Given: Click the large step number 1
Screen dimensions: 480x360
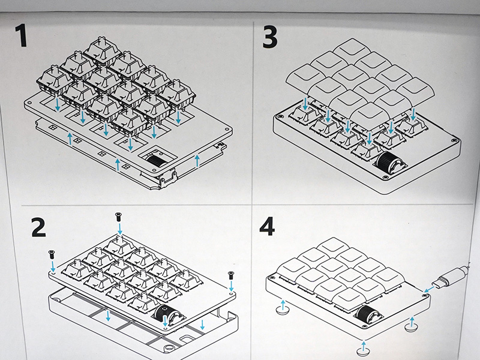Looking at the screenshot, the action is (x=21, y=36).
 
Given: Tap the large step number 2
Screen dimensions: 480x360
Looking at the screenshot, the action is (x=38, y=227).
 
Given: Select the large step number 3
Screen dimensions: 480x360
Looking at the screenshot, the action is (x=270, y=37).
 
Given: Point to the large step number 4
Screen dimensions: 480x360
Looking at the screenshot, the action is (x=267, y=226).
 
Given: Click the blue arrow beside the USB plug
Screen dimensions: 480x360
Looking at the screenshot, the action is (x=429, y=289).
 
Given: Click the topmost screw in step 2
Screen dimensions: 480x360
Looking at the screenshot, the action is (x=118, y=217).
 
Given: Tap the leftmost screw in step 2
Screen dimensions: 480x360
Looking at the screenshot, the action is (x=51, y=254).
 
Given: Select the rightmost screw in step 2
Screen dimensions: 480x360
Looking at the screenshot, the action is (x=230, y=275).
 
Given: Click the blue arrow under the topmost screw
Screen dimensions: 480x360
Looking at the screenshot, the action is (x=119, y=229).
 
